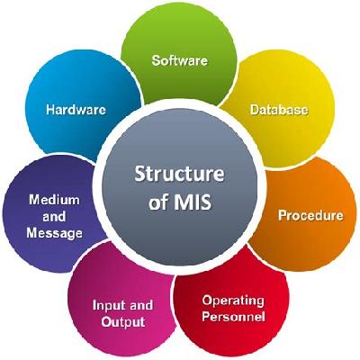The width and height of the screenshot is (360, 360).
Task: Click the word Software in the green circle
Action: [x=180, y=60]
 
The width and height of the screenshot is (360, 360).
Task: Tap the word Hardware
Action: [x=76, y=110]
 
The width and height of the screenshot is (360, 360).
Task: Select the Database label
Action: [x=279, y=110]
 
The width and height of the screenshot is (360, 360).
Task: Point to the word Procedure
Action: [x=310, y=215]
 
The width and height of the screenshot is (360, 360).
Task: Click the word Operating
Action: [x=233, y=301]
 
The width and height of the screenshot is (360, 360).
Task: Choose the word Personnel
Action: [x=233, y=317]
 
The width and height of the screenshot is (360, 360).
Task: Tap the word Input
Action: [x=107, y=306]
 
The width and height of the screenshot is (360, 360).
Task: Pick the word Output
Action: [x=123, y=322]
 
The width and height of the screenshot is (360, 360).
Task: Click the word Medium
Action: [x=54, y=200]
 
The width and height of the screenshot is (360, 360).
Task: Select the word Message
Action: [x=54, y=233]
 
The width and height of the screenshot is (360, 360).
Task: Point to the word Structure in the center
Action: [x=179, y=174]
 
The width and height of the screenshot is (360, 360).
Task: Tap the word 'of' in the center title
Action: [x=158, y=202]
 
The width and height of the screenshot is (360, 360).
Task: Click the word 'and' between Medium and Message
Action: [x=54, y=216]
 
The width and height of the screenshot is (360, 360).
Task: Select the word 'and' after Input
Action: [x=139, y=305]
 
